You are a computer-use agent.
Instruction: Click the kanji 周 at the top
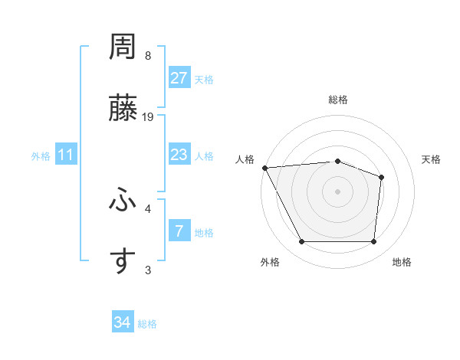point(123,47)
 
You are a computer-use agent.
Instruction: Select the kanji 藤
point(123,109)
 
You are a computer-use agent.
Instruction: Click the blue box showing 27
point(179,78)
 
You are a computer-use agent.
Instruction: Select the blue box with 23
point(179,155)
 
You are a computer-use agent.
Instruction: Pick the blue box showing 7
point(179,230)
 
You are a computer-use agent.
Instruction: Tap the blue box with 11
point(66,155)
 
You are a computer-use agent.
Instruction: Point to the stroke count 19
point(149,117)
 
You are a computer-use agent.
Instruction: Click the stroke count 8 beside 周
point(148,56)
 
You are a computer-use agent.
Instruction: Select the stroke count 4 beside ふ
point(148,208)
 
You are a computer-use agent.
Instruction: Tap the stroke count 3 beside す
point(148,269)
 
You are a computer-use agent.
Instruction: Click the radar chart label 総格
point(337,100)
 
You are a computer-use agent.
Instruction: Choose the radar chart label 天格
point(431,159)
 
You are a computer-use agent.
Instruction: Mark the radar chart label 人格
point(244,159)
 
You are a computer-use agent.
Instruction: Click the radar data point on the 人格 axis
point(264,168)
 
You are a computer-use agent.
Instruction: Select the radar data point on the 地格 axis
point(373,242)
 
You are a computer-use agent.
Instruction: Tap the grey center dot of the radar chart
point(337,191)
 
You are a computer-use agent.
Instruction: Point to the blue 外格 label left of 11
point(41,155)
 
